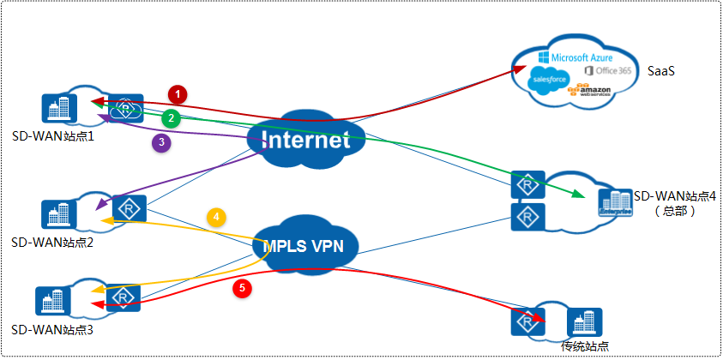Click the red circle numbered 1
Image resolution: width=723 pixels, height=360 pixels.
[x=178, y=92]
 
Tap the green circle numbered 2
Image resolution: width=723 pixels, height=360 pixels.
[x=172, y=117]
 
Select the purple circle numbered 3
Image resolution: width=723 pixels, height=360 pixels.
[x=160, y=143]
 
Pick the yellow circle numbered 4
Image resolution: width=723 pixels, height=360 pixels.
[x=218, y=217]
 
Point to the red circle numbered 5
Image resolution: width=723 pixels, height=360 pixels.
[x=244, y=289]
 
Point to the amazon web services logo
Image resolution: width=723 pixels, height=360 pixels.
[x=593, y=91]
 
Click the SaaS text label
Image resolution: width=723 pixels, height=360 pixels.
[x=661, y=70]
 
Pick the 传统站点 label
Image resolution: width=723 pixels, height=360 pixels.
[x=585, y=346]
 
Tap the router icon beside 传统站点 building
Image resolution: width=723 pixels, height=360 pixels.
[x=525, y=321]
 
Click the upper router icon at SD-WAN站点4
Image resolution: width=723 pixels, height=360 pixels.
[x=524, y=184]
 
